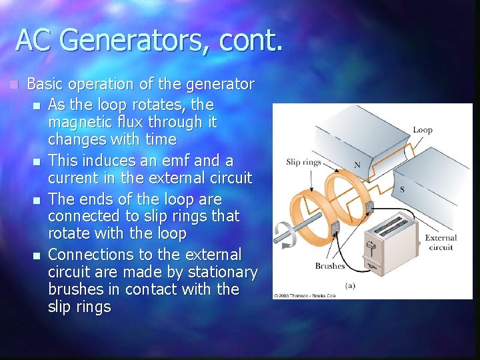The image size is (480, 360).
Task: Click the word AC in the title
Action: coord(34,40)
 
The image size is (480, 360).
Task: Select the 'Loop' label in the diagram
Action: coord(422,130)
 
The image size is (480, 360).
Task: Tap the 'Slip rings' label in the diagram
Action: coord(303,162)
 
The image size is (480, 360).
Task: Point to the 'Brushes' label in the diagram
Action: coord(330,266)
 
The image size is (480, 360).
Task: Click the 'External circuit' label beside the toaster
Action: coord(441,242)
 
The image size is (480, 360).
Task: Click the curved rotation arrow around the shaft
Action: coord(285,235)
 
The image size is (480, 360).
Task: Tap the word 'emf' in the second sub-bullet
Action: coord(158,161)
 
